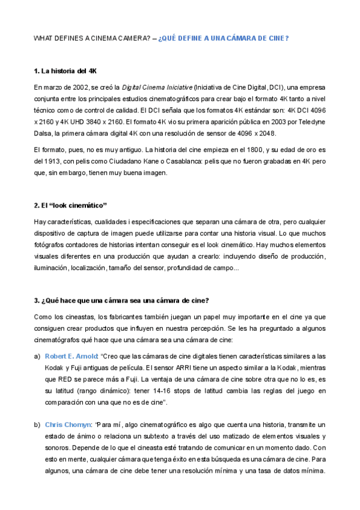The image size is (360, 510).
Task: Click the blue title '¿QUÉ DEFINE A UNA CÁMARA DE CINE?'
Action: click(x=224, y=38)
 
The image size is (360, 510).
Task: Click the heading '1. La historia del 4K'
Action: click(x=61, y=71)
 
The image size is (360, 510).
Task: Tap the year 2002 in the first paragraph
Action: click(x=83, y=87)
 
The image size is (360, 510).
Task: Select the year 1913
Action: click(x=54, y=161)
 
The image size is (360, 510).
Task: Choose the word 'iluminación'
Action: click(x=50, y=268)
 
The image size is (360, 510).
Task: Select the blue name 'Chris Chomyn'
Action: click(x=67, y=425)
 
